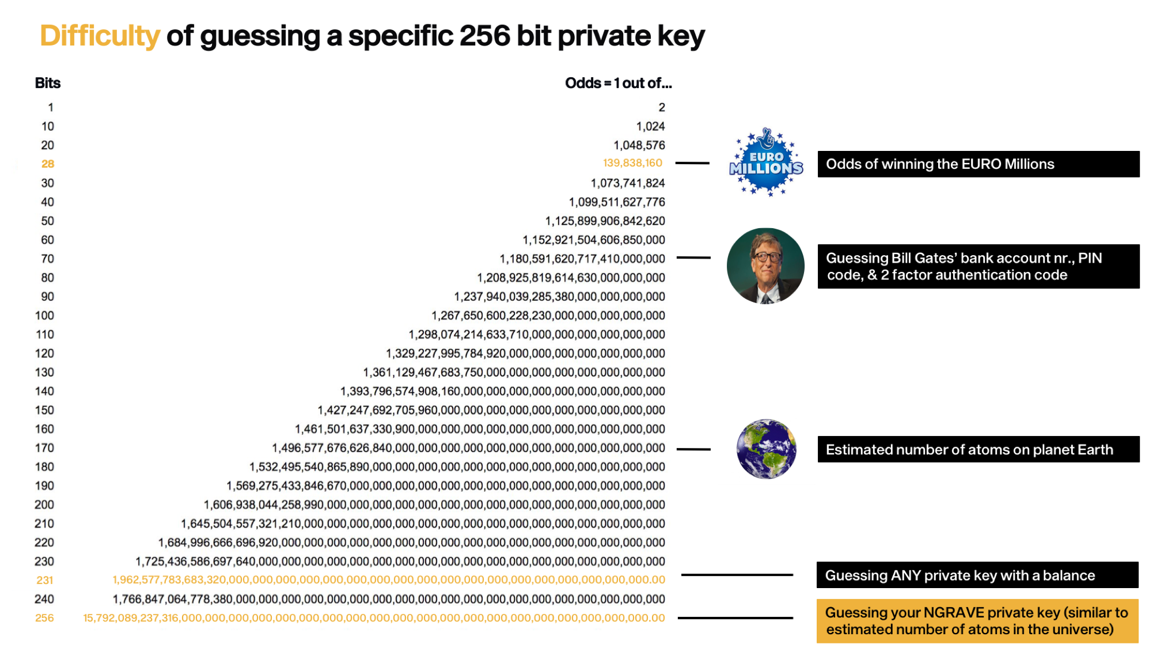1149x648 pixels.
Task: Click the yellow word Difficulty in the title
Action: [x=99, y=36]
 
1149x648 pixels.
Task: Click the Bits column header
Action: [x=47, y=84]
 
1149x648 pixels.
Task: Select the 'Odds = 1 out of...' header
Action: [x=618, y=84]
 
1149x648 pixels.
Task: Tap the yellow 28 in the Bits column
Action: [x=47, y=164]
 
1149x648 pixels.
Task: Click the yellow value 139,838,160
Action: [x=632, y=164]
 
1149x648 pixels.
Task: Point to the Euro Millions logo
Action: [x=765, y=163]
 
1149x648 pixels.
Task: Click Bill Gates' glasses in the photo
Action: [x=765, y=257]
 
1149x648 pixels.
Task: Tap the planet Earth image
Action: [x=766, y=449]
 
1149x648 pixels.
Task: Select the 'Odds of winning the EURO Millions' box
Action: [x=978, y=164]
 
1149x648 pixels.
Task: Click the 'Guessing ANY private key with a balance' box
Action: [x=977, y=575]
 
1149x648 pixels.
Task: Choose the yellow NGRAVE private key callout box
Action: [x=977, y=621]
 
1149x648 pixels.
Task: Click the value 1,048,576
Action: [x=639, y=146]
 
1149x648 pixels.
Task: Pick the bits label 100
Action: [x=44, y=316]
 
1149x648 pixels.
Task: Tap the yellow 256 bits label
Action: [x=44, y=618]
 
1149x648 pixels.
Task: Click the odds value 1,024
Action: [x=650, y=127]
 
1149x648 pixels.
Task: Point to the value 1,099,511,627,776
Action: [x=616, y=202]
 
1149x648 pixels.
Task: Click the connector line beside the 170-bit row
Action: [x=693, y=449]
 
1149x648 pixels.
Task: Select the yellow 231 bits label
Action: [x=44, y=581]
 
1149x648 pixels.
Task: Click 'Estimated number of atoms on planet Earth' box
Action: [x=978, y=449]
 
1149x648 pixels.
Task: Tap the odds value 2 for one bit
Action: [x=662, y=108]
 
